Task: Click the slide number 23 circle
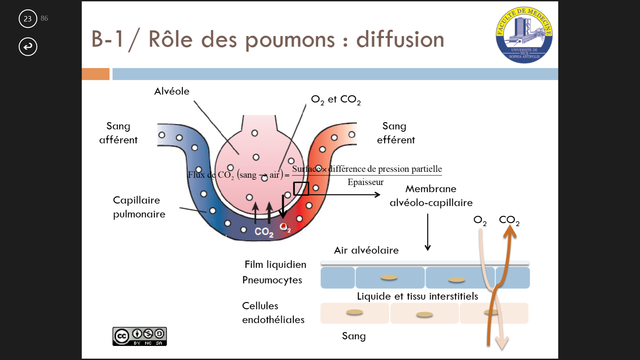coord(28,19)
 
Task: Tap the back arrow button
coord(28,46)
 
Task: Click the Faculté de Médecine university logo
coord(524,35)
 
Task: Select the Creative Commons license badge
coord(139,336)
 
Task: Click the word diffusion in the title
coord(400,39)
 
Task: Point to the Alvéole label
coord(172,91)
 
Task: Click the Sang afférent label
coord(118,133)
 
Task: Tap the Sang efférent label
coord(396,133)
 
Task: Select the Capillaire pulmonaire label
coord(139,207)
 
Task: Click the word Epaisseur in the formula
coord(365,182)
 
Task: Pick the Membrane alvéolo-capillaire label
coord(431,196)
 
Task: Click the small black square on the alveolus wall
coord(301,189)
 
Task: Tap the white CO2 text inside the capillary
coord(264,232)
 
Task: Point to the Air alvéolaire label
coord(366,250)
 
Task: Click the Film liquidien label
coord(275,264)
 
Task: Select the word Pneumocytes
coord(272,280)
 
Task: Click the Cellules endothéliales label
coord(273,313)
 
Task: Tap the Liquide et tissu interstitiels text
coord(417,296)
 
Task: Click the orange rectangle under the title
coord(96,74)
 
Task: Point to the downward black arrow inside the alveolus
coord(283,207)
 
